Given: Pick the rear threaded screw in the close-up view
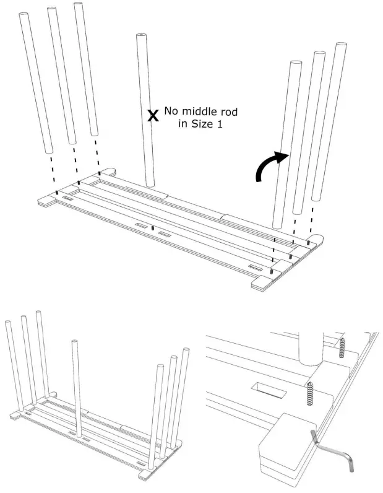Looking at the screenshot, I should [x=341, y=347].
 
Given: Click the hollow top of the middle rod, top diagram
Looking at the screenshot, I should [x=141, y=37].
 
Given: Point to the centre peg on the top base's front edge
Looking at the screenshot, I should [x=153, y=228].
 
